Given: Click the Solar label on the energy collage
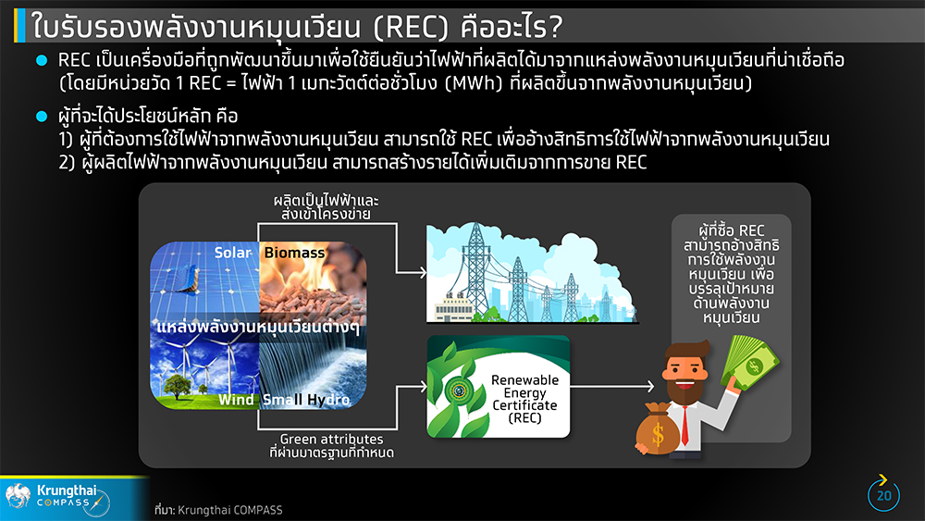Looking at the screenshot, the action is tap(232, 253).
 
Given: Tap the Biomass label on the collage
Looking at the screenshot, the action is tap(294, 253).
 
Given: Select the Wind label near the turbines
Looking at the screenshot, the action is tap(236, 400).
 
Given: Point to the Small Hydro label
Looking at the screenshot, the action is tap(305, 400).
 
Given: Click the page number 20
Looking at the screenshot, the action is tap(883, 496).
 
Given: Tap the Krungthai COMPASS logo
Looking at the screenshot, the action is tap(56, 498).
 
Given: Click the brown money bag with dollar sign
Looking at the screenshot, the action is tap(657, 429).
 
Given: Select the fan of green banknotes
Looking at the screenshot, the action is tap(748, 361).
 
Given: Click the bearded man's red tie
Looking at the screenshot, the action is tap(684, 424).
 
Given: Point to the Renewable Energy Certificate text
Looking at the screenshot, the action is tap(524, 399).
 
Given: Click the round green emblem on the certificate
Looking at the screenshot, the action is tap(459, 390).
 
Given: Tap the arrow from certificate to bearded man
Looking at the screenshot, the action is tap(612, 387).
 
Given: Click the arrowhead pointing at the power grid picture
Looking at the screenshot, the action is tap(423, 273).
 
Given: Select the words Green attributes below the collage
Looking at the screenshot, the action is tap(331, 439).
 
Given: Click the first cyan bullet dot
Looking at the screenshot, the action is tap(42, 60).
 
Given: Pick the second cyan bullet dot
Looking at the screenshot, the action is tap(42, 116).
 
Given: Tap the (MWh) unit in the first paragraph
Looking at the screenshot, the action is tap(473, 82).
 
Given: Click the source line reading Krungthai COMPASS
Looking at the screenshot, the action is tap(218, 510).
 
